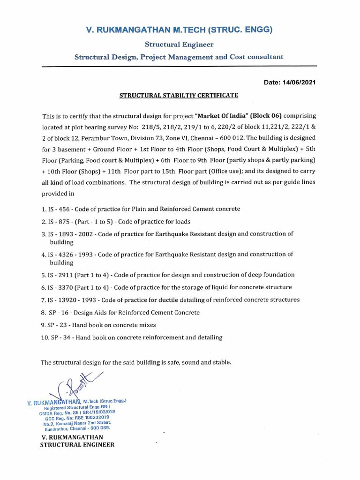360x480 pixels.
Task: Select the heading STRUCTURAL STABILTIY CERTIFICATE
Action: tap(179, 96)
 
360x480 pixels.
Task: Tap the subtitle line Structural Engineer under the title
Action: tap(179, 45)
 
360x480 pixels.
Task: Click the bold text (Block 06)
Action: tap(268, 116)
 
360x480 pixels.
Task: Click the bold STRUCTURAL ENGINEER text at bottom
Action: tap(77, 444)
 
